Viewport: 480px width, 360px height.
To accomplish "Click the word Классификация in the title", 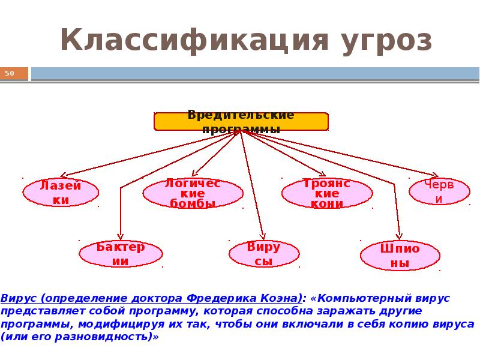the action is [194, 40].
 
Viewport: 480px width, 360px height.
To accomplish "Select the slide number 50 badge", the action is [14, 73].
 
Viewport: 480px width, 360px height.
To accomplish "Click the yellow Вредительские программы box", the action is [241, 122].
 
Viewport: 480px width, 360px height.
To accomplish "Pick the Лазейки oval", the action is [61, 192].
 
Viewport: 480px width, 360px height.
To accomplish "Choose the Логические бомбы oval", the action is [193, 193].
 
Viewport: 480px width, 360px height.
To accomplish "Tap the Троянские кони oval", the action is [327, 193].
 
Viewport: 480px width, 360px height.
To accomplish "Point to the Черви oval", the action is [439, 191].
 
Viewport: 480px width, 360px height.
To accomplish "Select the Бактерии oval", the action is [121, 254].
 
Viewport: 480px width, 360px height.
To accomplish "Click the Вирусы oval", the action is [264, 254].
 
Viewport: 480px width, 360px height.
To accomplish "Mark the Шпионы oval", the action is [400, 256].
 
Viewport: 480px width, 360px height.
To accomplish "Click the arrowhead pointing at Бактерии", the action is [121, 237].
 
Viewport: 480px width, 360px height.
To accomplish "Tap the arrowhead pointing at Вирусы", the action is [263, 236].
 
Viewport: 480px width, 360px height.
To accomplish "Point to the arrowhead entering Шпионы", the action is [399, 236].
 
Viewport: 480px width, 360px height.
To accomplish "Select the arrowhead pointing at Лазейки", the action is [63, 175].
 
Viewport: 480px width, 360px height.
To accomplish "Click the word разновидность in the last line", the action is [103, 337].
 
